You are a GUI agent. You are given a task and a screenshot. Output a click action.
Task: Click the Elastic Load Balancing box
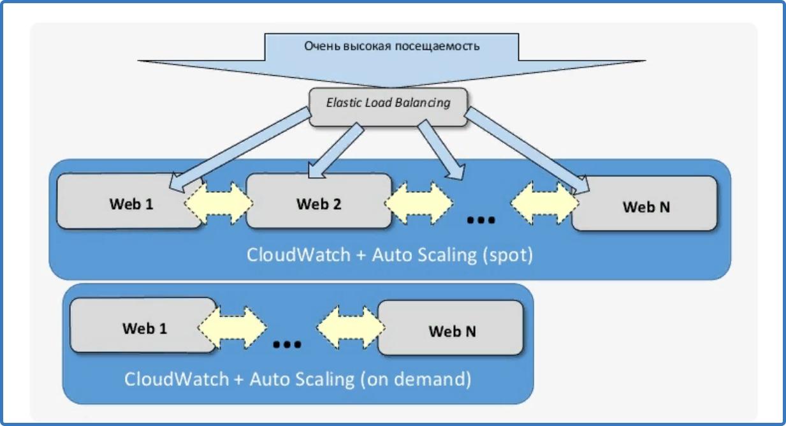pyautogui.click(x=388, y=107)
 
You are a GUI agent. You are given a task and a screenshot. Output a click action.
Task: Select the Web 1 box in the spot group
pyautogui.click(x=129, y=201)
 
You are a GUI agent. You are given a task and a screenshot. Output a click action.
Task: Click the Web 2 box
pyautogui.click(x=319, y=201)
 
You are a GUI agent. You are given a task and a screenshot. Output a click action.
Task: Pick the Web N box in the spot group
pyautogui.click(x=644, y=203)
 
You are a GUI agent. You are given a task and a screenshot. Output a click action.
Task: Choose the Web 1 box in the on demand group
pyautogui.click(x=143, y=325)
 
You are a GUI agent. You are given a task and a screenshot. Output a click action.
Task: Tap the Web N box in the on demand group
pyautogui.click(x=451, y=328)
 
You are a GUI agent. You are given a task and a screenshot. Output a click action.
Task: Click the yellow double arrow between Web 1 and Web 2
pyautogui.click(x=219, y=203)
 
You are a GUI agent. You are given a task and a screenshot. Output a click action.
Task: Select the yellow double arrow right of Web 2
pyautogui.click(x=419, y=203)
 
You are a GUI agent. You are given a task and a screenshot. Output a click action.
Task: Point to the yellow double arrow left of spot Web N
pyautogui.click(x=545, y=203)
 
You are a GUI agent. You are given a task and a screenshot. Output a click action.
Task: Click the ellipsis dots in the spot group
pyautogui.click(x=481, y=220)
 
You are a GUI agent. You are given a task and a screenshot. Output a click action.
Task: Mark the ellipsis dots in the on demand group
pyautogui.click(x=287, y=344)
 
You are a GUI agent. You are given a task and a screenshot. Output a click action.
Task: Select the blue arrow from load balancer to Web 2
pyautogui.click(x=336, y=151)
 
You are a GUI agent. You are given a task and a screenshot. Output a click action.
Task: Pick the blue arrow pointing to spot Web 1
pyautogui.click(x=240, y=150)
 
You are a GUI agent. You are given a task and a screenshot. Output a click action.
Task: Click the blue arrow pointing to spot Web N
pyautogui.click(x=527, y=151)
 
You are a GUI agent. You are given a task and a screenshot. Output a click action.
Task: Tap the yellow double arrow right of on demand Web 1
pyautogui.click(x=232, y=328)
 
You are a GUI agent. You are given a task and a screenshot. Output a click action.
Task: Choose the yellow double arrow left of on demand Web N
pyautogui.click(x=351, y=328)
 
